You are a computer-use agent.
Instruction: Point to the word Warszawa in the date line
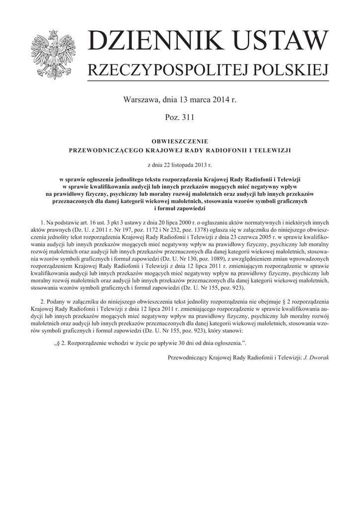click(x=140, y=100)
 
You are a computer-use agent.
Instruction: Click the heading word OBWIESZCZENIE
click(x=180, y=141)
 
